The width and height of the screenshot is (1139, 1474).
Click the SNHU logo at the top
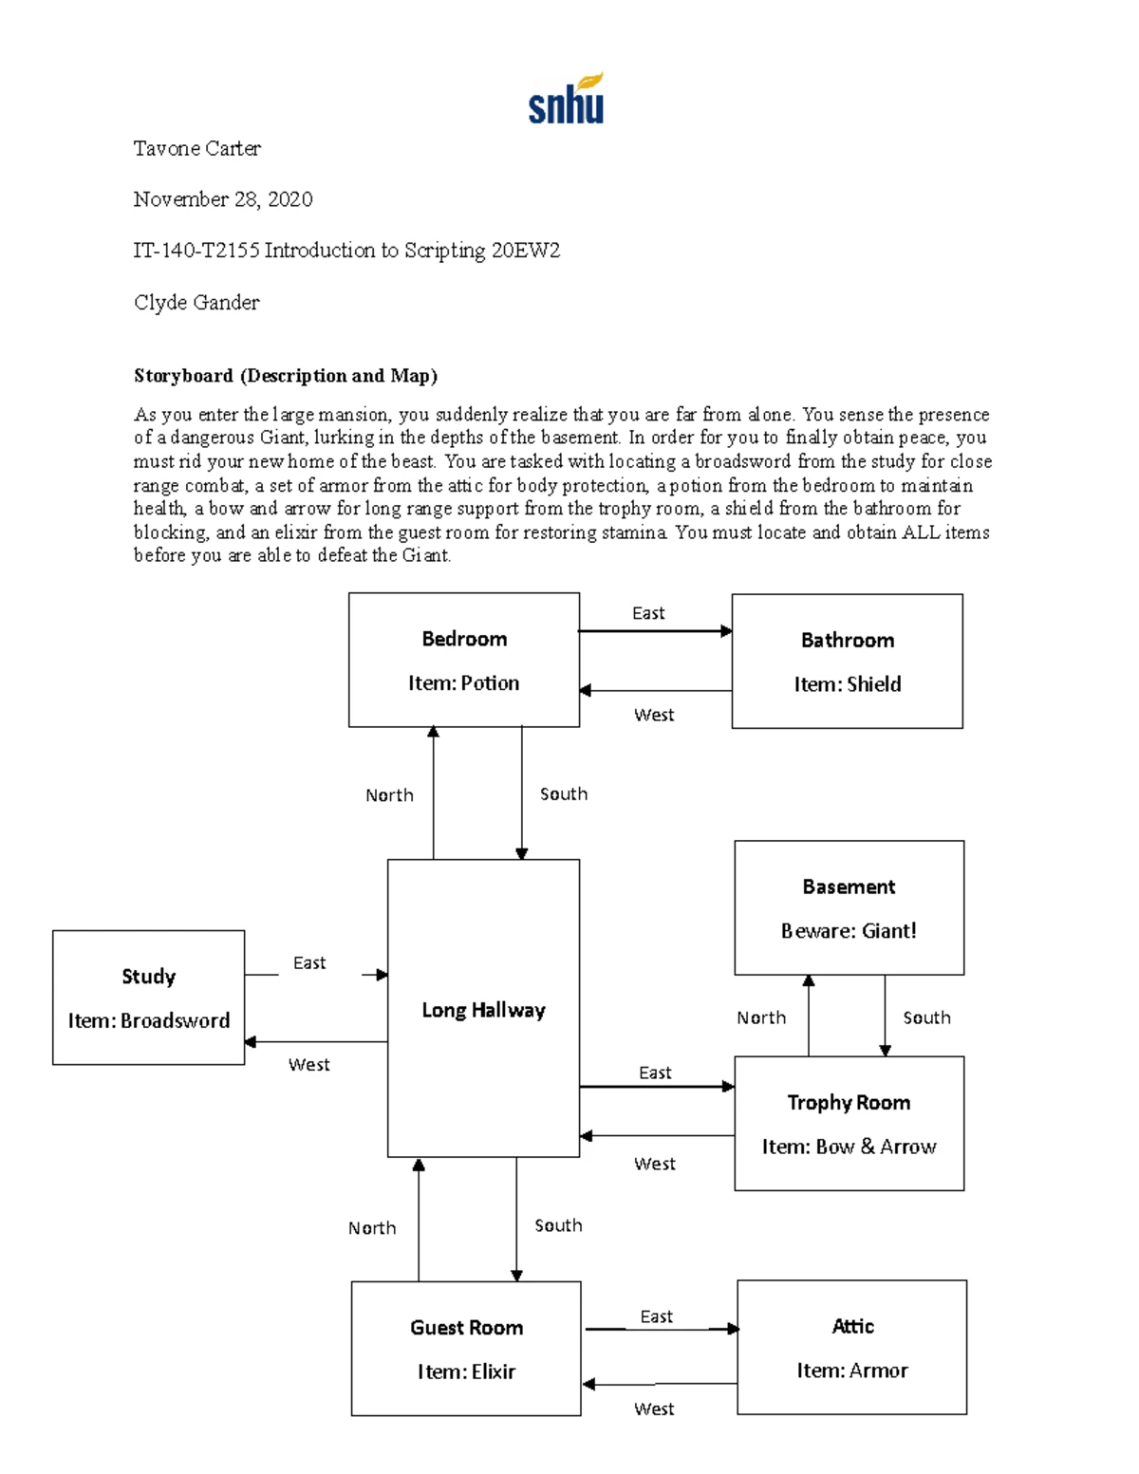[566, 100]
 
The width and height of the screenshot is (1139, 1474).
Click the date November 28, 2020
[222, 199]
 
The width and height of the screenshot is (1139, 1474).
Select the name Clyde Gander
[196, 303]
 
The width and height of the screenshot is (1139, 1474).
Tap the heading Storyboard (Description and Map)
[285, 376]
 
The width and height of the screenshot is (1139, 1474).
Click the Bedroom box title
[464, 639]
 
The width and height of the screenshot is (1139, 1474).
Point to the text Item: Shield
[848, 684]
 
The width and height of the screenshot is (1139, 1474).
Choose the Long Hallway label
[483, 1010]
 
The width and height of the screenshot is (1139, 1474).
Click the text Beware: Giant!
[849, 931]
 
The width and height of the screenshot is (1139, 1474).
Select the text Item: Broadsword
[149, 1021]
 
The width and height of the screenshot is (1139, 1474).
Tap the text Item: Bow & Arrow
[849, 1147]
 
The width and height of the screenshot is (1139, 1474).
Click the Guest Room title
[466, 1328]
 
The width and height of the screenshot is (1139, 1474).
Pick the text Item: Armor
[852, 1371]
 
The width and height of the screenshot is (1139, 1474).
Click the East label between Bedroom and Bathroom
[648, 613]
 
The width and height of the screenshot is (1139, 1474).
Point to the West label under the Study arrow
[308, 1065]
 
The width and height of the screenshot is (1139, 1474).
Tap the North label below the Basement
[761, 1018]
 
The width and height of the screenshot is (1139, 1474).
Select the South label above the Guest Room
[558, 1225]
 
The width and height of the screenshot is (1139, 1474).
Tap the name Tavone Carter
[196, 148]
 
